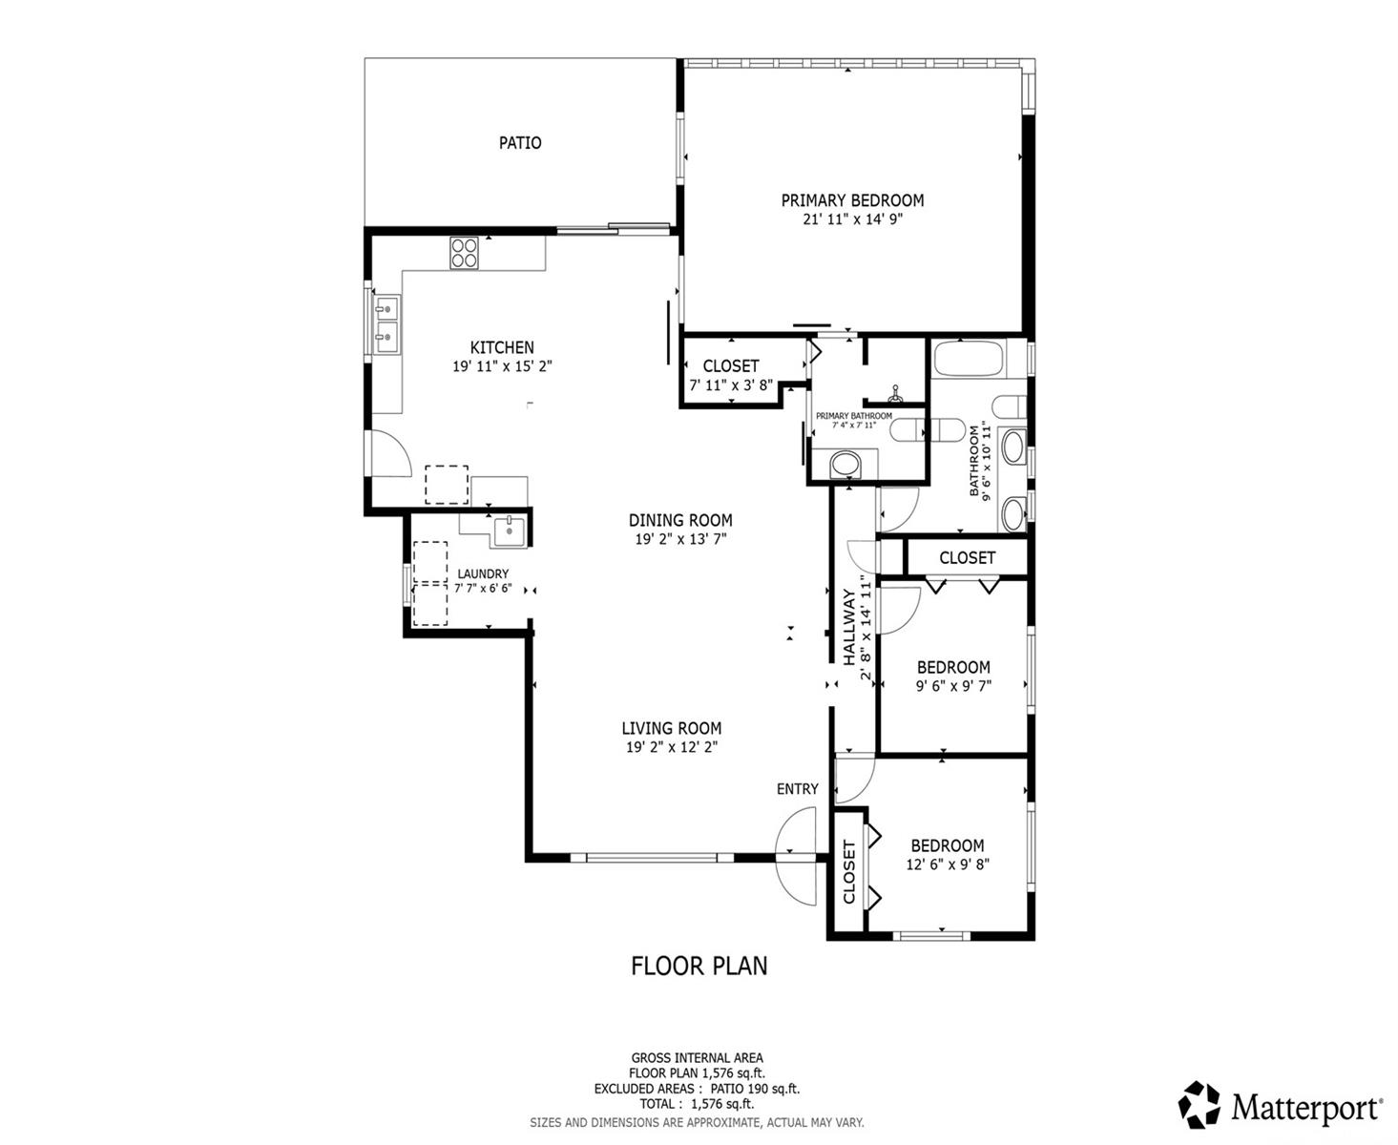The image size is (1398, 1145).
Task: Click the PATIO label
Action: [520, 142]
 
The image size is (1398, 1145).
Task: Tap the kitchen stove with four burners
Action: [464, 253]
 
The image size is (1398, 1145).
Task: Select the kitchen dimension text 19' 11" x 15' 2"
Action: [502, 366]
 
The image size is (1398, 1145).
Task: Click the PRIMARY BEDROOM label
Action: [852, 200]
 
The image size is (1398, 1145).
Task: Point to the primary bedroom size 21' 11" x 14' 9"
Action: [852, 219]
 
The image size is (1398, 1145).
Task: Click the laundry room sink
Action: [509, 531]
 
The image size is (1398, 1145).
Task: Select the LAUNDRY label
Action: [483, 573]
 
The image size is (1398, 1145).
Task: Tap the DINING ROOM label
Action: [680, 520]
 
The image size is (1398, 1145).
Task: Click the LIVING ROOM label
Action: [672, 728]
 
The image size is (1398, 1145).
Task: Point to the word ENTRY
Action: [798, 789]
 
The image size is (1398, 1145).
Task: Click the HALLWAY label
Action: [849, 628]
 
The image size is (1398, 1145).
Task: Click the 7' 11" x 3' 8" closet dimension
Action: [731, 385]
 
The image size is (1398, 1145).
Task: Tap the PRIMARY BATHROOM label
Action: [854, 416]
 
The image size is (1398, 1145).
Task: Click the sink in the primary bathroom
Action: [845, 464]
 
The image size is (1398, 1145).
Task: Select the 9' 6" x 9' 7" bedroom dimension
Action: [953, 685]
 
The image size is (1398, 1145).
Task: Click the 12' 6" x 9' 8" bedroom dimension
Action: [948, 864]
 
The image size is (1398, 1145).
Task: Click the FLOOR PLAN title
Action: [699, 966]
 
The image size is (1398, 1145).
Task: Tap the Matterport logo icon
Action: [1199, 1107]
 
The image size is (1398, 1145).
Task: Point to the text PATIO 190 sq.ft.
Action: [755, 1089]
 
